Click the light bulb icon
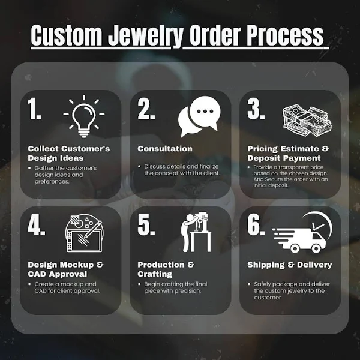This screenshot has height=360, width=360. (x=84, y=115)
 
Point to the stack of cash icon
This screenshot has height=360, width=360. (x=306, y=115)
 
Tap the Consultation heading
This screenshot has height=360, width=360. (x=165, y=149)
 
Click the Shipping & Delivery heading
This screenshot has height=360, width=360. (x=289, y=265)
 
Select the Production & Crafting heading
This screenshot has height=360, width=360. (x=166, y=269)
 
